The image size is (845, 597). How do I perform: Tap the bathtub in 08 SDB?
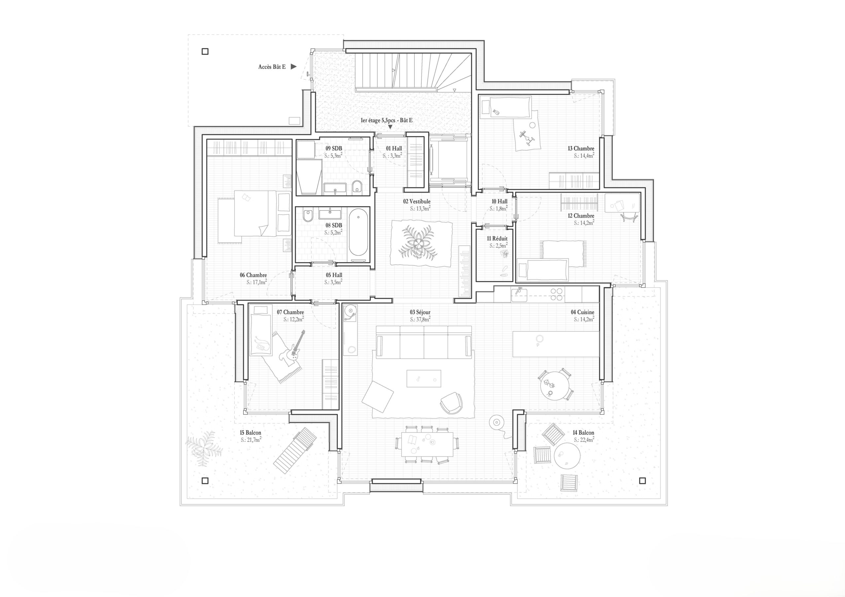(x=358, y=232)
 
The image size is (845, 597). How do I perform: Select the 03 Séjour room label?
(x=420, y=312)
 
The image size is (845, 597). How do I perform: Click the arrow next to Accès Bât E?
(x=293, y=67)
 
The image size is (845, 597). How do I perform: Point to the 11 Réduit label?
(x=497, y=239)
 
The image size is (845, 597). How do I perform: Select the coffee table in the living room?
(x=423, y=379)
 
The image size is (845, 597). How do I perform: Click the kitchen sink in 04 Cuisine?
(x=519, y=294)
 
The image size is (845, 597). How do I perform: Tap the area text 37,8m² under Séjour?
(x=420, y=319)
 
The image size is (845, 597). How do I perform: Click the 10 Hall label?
(x=499, y=201)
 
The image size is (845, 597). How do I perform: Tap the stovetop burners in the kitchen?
(x=556, y=294)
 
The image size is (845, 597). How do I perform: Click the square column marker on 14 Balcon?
(x=642, y=480)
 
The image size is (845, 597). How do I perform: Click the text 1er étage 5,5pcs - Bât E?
(x=387, y=120)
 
